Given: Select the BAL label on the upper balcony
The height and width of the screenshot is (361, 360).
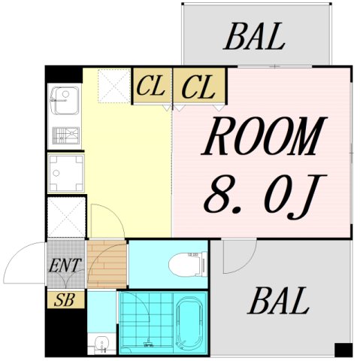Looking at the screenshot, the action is point(255,36).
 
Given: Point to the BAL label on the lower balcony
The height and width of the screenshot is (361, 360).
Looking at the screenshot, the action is point(279,301).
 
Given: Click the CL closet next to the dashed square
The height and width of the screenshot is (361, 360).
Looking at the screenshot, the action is point(152,86).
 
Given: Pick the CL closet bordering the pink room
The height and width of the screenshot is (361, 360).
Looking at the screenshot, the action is point(199,86).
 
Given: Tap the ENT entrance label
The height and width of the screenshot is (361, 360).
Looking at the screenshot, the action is point(65,265).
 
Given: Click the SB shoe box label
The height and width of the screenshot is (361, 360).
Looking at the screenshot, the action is point(65,300).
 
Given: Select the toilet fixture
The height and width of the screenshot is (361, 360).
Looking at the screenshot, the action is point(189,265).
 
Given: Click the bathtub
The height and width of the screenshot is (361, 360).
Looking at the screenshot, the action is point(189,323).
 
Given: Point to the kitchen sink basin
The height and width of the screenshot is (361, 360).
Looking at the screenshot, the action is point(65,101).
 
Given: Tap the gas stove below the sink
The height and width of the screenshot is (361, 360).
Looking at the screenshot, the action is point(66,135).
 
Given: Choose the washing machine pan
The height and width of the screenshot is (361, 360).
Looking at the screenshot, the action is point(66,173).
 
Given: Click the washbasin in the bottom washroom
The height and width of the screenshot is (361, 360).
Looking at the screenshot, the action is point(101,343).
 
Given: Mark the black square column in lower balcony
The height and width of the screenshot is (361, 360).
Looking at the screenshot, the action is point(343,350).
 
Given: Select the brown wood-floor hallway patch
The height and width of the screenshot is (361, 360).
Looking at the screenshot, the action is point(107,264).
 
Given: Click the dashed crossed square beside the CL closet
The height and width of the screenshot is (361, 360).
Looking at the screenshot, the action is point(114,86).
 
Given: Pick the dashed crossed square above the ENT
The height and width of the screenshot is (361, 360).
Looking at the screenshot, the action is point(66,217).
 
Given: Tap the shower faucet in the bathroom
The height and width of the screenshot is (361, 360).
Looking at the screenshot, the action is point(148,343).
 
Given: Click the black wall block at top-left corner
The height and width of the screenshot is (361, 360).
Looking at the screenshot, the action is point(64,74).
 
